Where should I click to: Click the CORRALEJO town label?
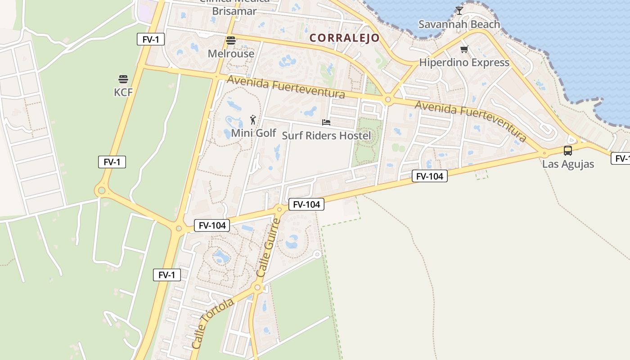pos(345,38)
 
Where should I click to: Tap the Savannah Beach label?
pos(459,24)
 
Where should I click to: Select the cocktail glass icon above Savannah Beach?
pos(459,10)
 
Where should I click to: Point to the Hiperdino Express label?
pos(464,63)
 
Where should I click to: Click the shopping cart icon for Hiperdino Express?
pos(464,49)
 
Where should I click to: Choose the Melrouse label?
pos(231,54)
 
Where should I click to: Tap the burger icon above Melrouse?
pos(231,40)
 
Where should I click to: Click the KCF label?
pos(123,92)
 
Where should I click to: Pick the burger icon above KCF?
pos(123,79)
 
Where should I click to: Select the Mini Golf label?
pos(253,133)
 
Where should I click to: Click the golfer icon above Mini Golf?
pos(253,120)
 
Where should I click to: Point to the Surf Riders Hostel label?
pos(326,135)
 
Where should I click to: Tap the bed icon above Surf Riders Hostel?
pos(326,122)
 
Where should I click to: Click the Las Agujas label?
pos(568,164)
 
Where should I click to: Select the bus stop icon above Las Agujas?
pos(568,151)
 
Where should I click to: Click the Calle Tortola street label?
pos(212,323)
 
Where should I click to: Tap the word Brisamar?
pos(234,11)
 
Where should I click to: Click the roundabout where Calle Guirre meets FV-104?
pos(279,209)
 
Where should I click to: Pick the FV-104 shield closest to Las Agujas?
pos(429,176)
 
